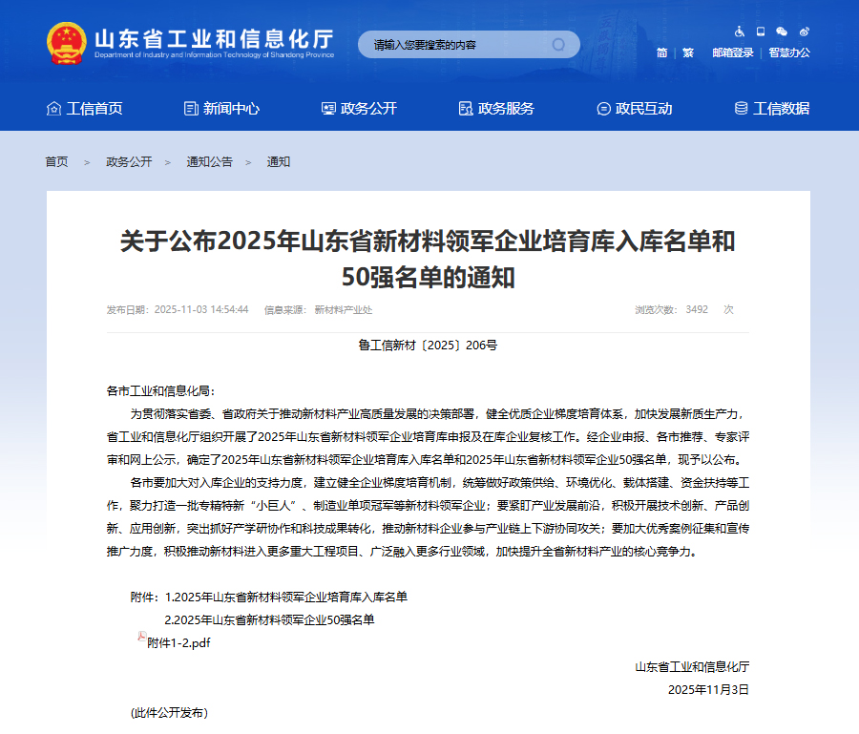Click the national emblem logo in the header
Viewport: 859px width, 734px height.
tap(67, 43)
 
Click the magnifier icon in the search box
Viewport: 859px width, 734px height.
tap(558, 45)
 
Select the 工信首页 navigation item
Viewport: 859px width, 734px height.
tap(85, 108)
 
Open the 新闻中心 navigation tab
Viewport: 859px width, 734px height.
tap(221, 108)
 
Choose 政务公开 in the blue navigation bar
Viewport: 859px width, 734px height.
tap(359, 108)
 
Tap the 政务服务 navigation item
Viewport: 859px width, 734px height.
tap(496, 108)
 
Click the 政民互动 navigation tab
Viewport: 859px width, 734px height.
tap(634, 108)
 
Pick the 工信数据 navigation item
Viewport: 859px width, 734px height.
tap(771, 108)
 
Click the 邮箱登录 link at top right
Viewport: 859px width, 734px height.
tap(732, 52)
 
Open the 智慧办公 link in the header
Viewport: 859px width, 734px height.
tap(789, 52)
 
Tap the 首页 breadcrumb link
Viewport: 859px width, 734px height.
tap(56, 162)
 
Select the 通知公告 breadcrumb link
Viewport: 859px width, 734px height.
tap(209, 162)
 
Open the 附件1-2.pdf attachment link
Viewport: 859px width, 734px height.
tap(178, 643)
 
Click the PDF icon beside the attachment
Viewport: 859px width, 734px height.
tap(141, 637)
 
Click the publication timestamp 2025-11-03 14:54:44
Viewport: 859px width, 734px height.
tap(201, 309)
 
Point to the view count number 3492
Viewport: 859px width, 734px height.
tap(697, 309)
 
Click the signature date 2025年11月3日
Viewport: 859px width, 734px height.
tap(708, 689)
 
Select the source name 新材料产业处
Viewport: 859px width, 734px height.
tap(343, 309)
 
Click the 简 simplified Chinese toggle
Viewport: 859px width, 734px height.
tap(661, 52)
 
